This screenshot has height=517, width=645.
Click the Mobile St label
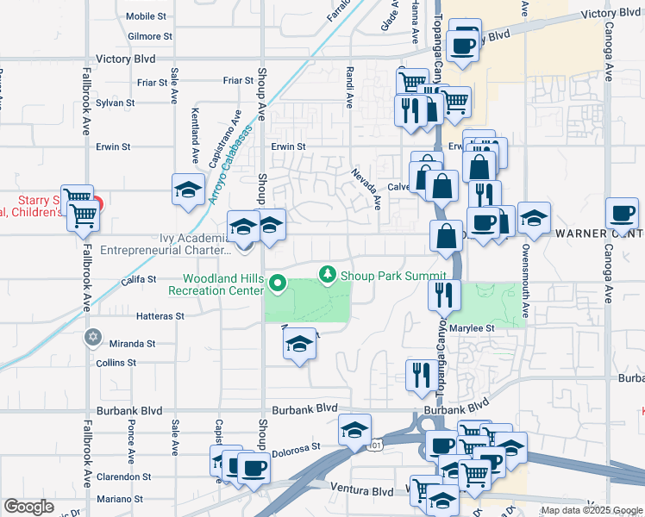point(145,16)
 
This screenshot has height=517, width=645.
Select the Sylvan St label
point(116,103)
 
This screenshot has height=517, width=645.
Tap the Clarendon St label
point(124,476)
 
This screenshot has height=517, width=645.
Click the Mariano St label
point(119,498)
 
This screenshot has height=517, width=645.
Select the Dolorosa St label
point(297,447)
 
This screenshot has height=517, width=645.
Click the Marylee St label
point(477,328)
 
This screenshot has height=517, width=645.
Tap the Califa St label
point(138,279)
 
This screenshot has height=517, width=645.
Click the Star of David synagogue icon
point(93,336)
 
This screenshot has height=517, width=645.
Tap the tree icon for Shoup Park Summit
point(327,275)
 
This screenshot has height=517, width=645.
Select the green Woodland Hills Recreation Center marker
point(277,282)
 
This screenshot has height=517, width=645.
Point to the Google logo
point(28,507)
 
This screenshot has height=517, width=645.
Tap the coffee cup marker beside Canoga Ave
point(622,212)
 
